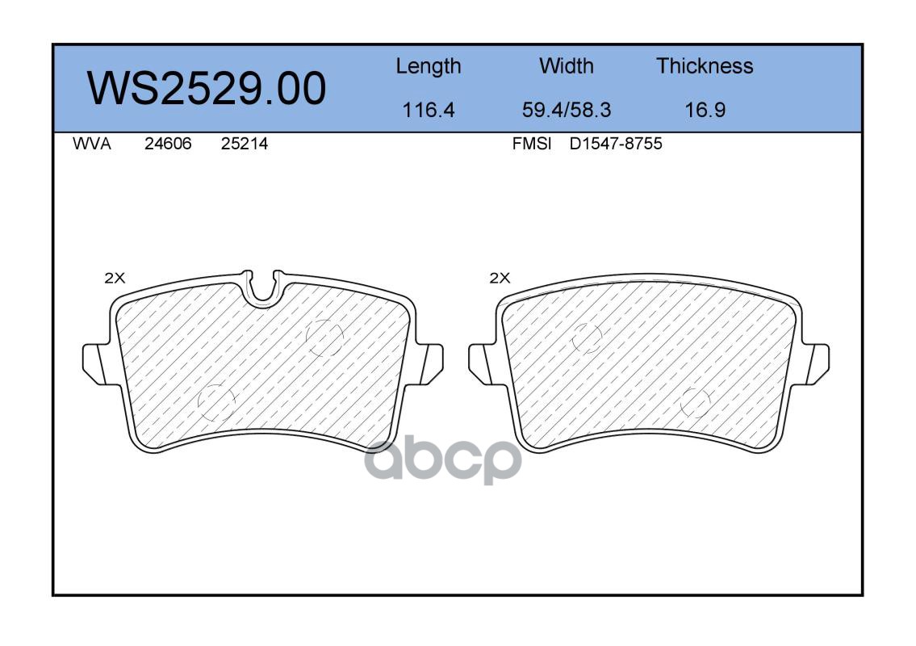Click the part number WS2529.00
pyautogui.click(x=207, y=89)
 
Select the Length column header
pyautogui.click(x=429, y=67)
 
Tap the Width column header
pyautogui.click(x=566, y=65)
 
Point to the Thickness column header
pyautogui.click(x=705, y=65)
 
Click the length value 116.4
pyautogui.click(x=429, y=110)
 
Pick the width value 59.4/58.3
pyautogui.click(x=566, y=110)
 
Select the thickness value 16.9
pyautogui.click(x=705, y=110)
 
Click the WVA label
pyautogui.click(x=92, y=144)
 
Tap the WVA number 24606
pyautogui.click(x=168, y=144)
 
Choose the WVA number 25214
pyautogui.click(x=245, y=144)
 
